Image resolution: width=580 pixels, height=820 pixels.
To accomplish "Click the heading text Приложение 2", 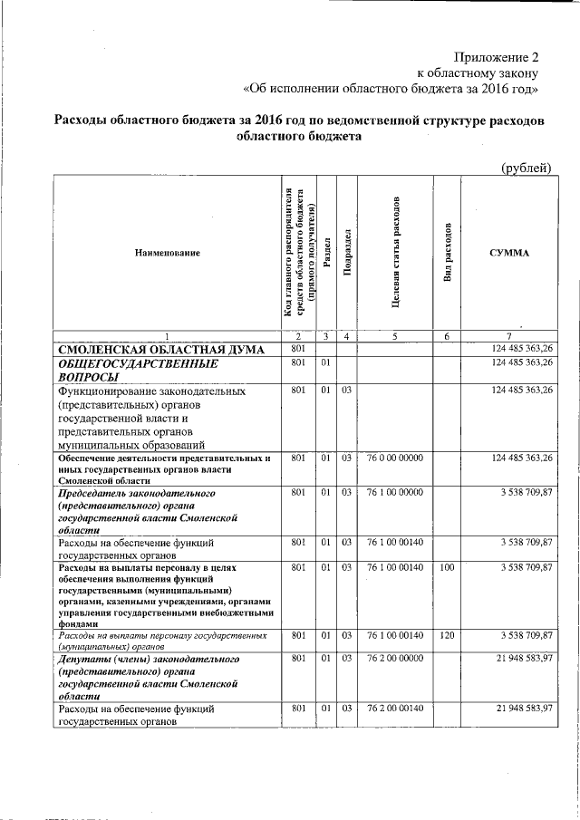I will [x=498, y=56].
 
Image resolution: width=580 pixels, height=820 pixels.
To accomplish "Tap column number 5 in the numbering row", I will [x=395, y=336].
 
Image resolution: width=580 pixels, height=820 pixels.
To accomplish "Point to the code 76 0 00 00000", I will [x=395, y=458].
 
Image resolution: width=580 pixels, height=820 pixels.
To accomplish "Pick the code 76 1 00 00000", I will [x=395, y=493].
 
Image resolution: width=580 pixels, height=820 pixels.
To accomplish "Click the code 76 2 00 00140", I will [x=395, y=707].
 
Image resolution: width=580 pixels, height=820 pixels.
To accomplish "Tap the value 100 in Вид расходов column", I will [x=447, y=567].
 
